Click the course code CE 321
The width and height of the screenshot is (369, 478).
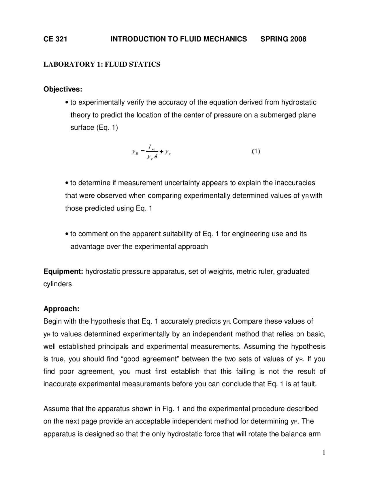tap(55, 39)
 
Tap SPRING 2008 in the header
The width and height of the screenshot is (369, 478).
tap(283, 39)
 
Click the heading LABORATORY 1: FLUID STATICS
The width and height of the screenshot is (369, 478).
tap(101, 64)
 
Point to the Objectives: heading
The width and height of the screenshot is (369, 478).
tap(63, 89)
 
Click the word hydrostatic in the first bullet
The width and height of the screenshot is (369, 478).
tap(299, 102)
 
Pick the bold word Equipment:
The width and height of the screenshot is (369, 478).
tap(63, 272)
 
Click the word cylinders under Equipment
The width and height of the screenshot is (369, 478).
tap(57, 284)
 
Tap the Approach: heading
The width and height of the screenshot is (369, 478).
tap(61, 309)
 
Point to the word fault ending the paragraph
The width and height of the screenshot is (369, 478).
tap(310, 384)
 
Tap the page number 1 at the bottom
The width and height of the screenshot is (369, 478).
tap(324, 452)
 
